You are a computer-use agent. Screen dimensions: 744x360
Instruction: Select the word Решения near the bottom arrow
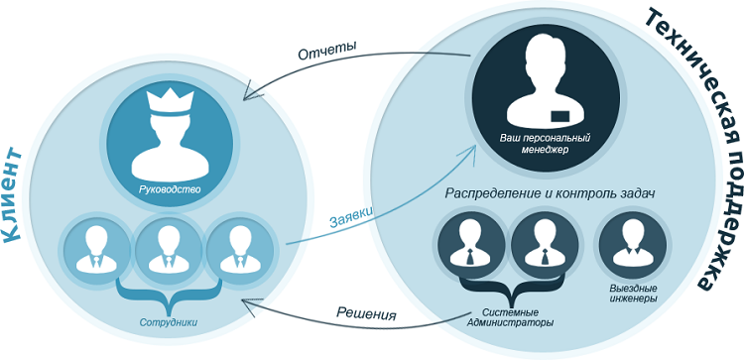click(x=366, y=314)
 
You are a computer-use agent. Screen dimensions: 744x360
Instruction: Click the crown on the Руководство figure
click(x=171, y=103)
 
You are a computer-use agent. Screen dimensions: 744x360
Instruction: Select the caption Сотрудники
click(x=169, y=322)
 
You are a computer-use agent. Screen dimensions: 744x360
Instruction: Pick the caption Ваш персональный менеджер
click(x=545, y=144)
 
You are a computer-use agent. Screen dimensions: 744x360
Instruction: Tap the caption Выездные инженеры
click(x=634, y=294)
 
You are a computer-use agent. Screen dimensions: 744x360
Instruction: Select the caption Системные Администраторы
click(x=510, y=318)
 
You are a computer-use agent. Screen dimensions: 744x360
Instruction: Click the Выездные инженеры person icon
click(x=633, y=246)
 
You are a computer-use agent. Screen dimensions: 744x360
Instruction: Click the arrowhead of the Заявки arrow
click(x=470, y=152)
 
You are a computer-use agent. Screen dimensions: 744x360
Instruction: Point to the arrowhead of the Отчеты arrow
click(x=248, y=93)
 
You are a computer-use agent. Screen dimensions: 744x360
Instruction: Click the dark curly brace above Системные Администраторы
click(x=512, y=291)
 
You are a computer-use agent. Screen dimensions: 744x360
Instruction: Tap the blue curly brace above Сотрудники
click(x=169, y=295)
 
